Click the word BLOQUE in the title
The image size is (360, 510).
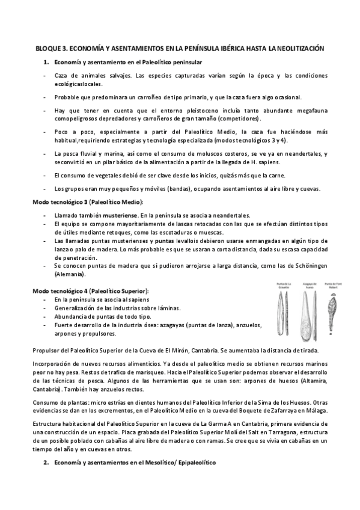click(49, 48)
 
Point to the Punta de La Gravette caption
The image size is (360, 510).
click(284, 284)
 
